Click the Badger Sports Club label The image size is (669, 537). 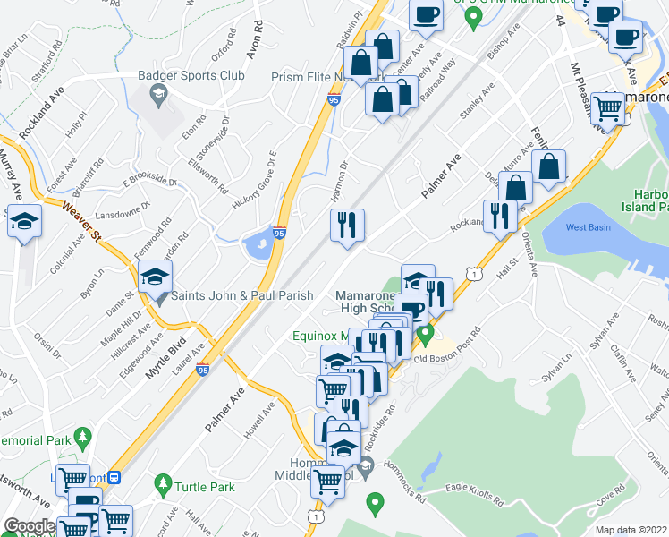(x=191, y=76)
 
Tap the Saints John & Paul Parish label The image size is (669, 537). (x=241, y=295)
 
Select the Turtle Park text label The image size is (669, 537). (x=205, y=487)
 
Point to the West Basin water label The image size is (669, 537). (x=588, y=227)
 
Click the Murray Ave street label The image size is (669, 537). (x=16, y=177)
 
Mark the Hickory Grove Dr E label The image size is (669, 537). (x=257, y=170)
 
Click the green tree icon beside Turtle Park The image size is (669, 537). (x=162, y=486)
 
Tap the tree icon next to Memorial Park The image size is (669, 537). (x=83, y=438)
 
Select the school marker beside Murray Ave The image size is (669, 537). (x=24, y=221)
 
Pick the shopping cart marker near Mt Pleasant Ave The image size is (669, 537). (x=608, y=109)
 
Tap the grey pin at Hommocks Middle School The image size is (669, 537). (x=366, y=465)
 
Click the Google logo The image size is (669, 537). (x=30, y=526)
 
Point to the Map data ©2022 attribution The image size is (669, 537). (x=631, y=530)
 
